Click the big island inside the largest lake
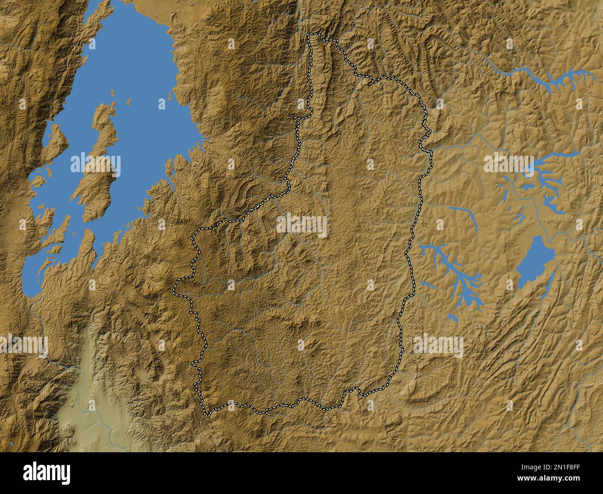pyautogui.click(x=95, y=176)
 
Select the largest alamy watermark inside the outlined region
pyautogui.click(x=301, y=226)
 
